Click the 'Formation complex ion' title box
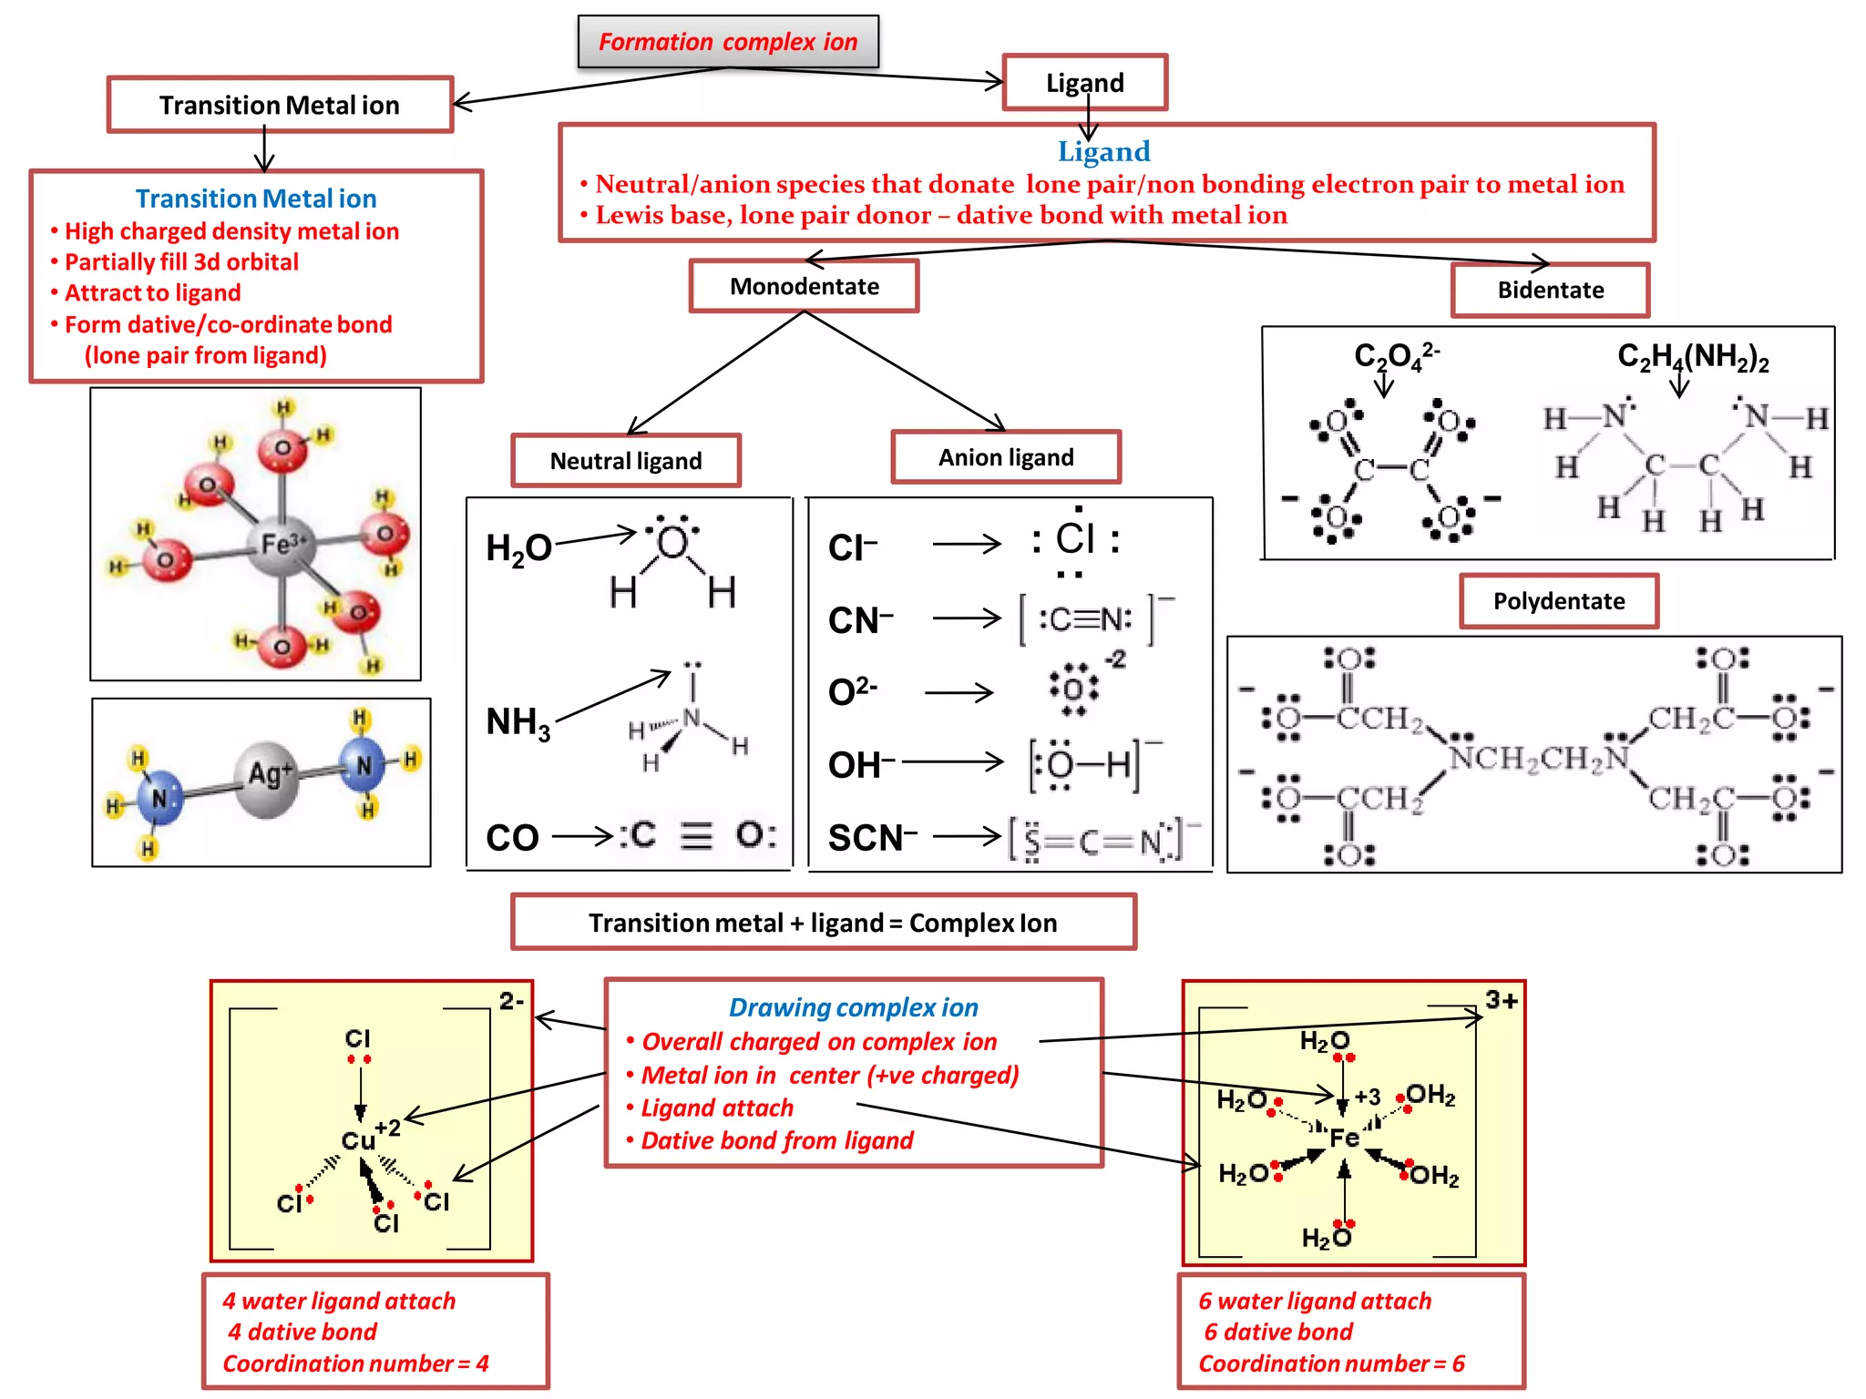(x=727, y=42)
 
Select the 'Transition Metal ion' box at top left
(x=280, y=105)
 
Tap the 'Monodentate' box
(x=804, y=286)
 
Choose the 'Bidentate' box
(x=1550, y=290)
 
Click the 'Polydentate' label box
(x=1558, y=601)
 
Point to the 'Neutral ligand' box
(x=625, y=461)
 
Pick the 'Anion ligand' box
(x=1006, y=457)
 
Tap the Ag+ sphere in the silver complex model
(x=268, y=777)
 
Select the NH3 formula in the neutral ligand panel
(x=518, y=722)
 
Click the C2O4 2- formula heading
(x=1395, y=355)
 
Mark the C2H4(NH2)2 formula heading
(x=1692, y=356)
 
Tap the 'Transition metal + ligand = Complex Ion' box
(x=823, y=923)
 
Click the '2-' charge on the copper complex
(x=511, y=1001)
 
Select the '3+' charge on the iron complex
(x=1501, y=1000)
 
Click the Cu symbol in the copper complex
(x=357, y=1140)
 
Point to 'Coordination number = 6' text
(x=1330, y=1363)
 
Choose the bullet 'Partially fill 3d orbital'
(x=181, y=262)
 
